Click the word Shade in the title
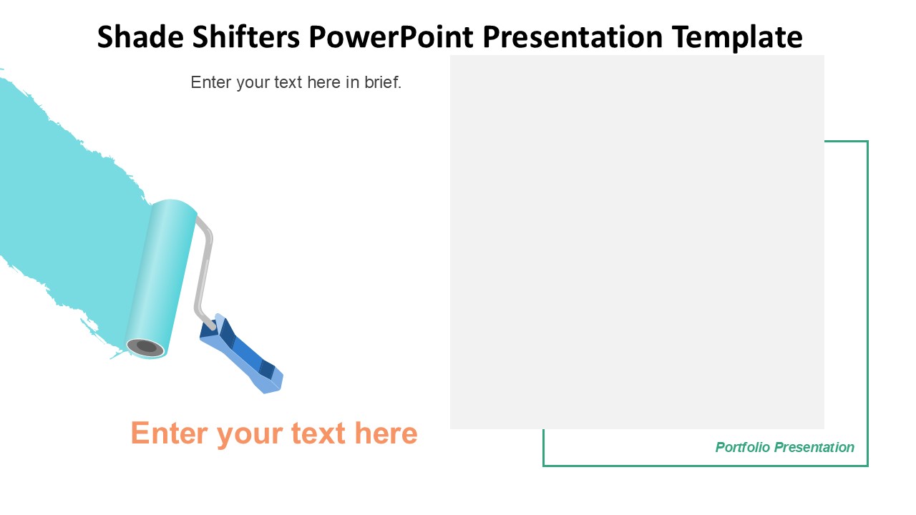[x=140, y=36]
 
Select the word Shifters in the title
[x=246, y=36]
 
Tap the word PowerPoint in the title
[x=391, y=36]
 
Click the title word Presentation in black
[x=572, y=36]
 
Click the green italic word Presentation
[x=814, y=447]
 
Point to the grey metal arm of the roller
[x=203, y=270]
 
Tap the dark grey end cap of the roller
[x=145, y=347]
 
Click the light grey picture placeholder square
[x=637, y=242]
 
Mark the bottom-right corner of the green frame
[x=867, y=466]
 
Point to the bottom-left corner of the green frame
[x=543, y=466]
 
